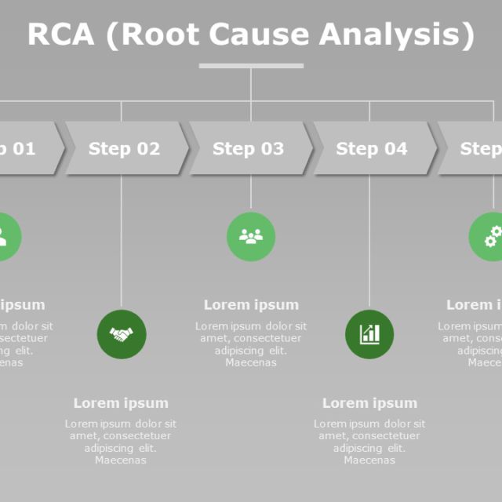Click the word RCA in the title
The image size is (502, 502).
[60, 35]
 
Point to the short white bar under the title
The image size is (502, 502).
[251, 66]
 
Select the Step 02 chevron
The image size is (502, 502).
[125, 148]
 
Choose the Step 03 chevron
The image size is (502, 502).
[249, 148]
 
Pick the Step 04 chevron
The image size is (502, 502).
[373, 148]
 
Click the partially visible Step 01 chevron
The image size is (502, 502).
[24, 148]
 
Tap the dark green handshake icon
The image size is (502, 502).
[121, 334]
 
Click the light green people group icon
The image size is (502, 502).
[251, 236]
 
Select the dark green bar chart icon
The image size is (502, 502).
[369, 334]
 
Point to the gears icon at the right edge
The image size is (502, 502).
[491, 236]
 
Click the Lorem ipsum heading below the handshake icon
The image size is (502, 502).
[121, 403]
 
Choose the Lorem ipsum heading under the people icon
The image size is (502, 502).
[251, 305]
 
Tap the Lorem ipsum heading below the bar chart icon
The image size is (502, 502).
[369, 403]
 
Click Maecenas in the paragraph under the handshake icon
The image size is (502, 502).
[121, 460]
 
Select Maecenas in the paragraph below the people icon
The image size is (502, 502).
[251, 362]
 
